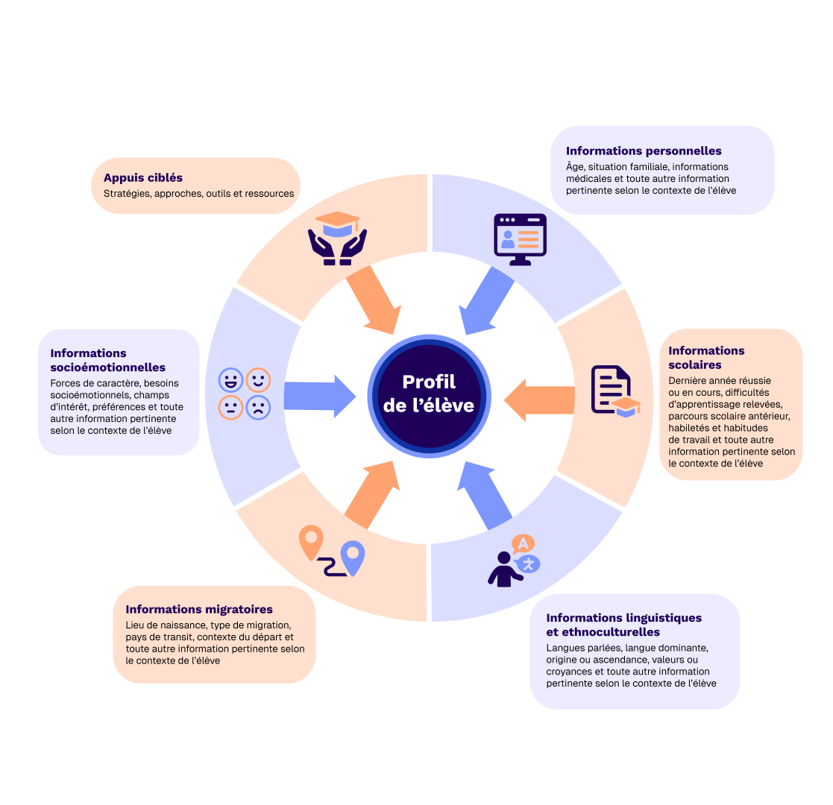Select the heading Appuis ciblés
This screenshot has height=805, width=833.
[143, 177]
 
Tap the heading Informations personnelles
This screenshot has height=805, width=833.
[644, 151]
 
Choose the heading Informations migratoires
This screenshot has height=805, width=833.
[199, 610]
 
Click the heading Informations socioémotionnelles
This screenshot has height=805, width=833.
[107, 360]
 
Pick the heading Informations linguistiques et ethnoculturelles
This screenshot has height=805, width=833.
[623, 625]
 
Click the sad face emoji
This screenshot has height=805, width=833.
[259, 407]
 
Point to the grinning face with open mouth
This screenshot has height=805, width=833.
[230, 380]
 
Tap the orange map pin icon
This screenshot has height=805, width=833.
[311, 542]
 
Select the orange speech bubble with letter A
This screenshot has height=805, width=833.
[523, 544]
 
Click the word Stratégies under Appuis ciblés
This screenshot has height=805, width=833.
[127, 194]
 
